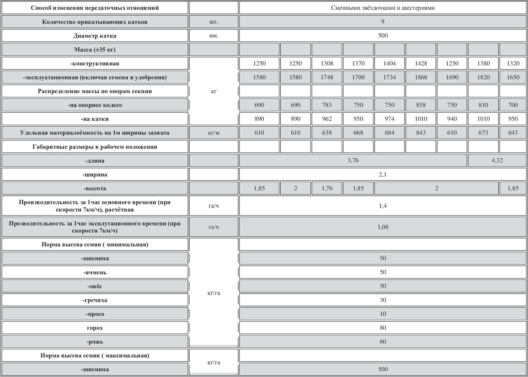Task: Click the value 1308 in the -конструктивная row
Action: [327, 63]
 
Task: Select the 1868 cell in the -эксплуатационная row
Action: [421, 77]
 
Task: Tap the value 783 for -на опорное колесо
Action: [327, 105]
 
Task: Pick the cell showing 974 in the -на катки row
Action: [389, 119]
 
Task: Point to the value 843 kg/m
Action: [421, 133]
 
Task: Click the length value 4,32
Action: [497, 161]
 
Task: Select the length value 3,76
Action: [353, 161]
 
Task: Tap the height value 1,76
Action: [327, 188]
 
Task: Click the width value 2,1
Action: [383, 174]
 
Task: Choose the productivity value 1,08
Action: [383, 227]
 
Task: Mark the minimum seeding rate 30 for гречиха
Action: [383, 300]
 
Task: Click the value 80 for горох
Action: [383, 328]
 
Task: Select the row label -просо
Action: [95, 314]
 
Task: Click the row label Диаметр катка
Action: [95, 36]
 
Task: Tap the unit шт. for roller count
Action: [214, 22]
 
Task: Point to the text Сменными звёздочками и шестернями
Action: [383, 8]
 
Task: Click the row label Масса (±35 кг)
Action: [95, 50]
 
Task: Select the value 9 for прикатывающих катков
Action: [383, 22]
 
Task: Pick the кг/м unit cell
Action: [214, 133]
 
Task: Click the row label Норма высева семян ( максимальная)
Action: [95, 355]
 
